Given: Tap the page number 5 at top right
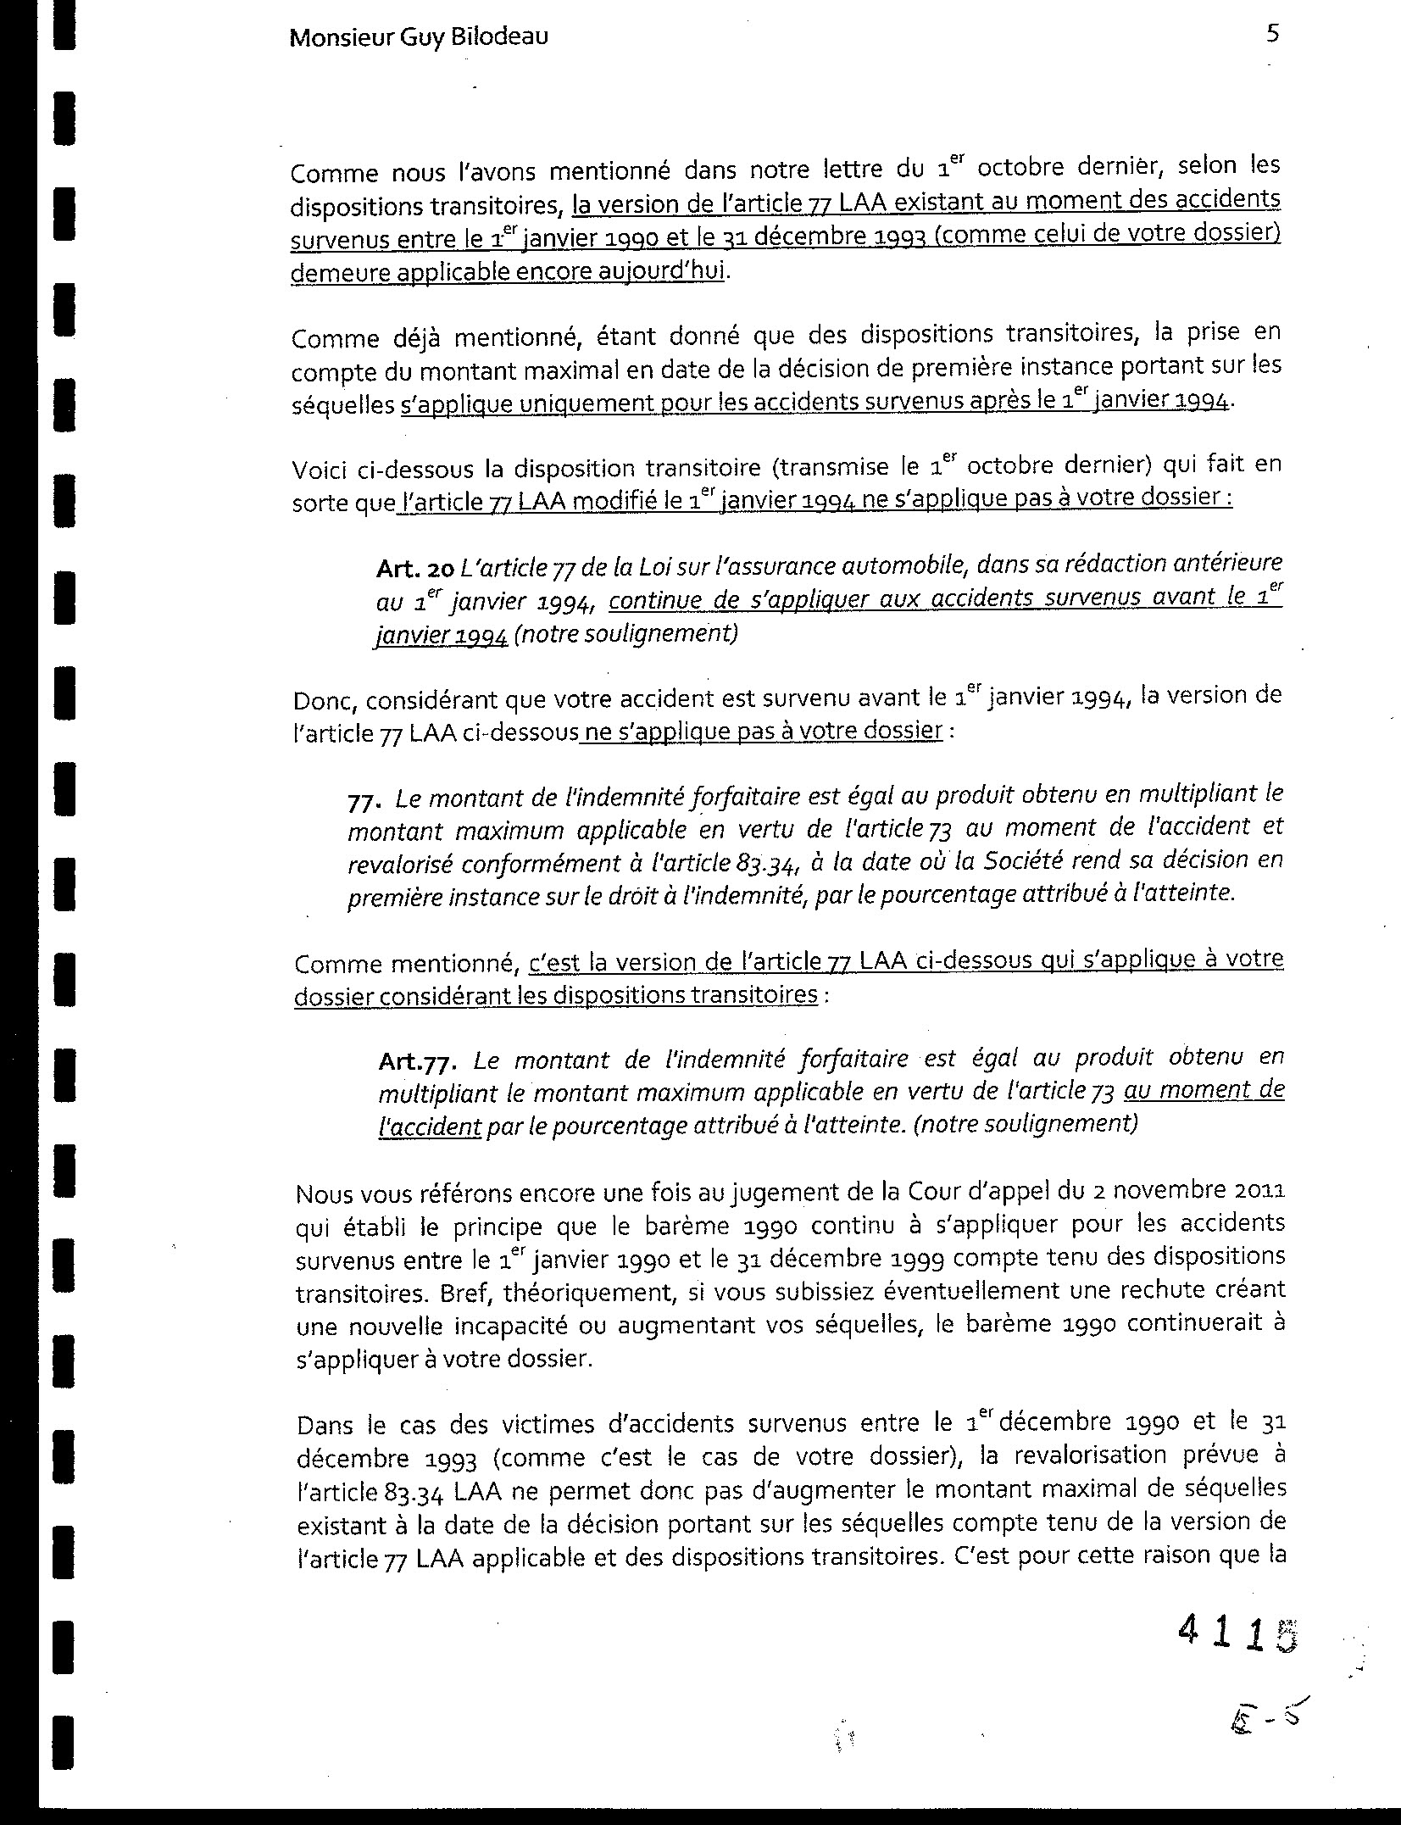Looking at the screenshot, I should click(x=1272, y=35).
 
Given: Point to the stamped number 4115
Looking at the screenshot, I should click(x=1237, y=1630).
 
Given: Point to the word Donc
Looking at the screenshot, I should click(x=318, y=700).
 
